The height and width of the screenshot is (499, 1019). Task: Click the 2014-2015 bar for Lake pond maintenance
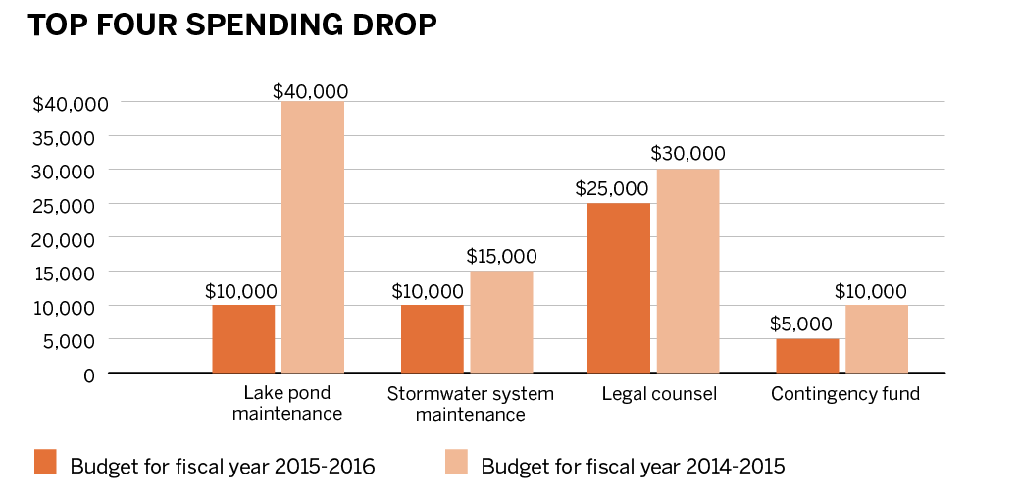point(313,236)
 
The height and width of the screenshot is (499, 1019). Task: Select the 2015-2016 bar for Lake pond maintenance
point(243,338)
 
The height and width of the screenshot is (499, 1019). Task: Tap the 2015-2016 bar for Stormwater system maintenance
point(433,338)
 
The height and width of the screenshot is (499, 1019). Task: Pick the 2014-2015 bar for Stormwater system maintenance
point(501,322)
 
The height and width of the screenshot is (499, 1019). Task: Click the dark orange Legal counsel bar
point(618,287)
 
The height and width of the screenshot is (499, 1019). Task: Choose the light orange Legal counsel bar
point(688,271)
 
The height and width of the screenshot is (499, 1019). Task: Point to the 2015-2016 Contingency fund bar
point(807,355)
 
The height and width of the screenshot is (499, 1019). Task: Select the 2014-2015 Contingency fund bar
point(877,338)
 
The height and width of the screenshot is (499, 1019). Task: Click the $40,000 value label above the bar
point(311,91)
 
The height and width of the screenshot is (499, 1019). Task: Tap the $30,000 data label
point(688,154)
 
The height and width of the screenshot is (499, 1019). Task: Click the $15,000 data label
point(500,257)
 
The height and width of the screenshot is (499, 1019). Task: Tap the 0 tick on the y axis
point(88,374)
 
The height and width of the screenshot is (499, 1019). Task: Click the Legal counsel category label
point(659,394)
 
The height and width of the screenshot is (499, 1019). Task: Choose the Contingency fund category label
point(845,394)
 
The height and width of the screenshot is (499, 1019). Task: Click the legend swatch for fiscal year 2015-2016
point(46,462)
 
